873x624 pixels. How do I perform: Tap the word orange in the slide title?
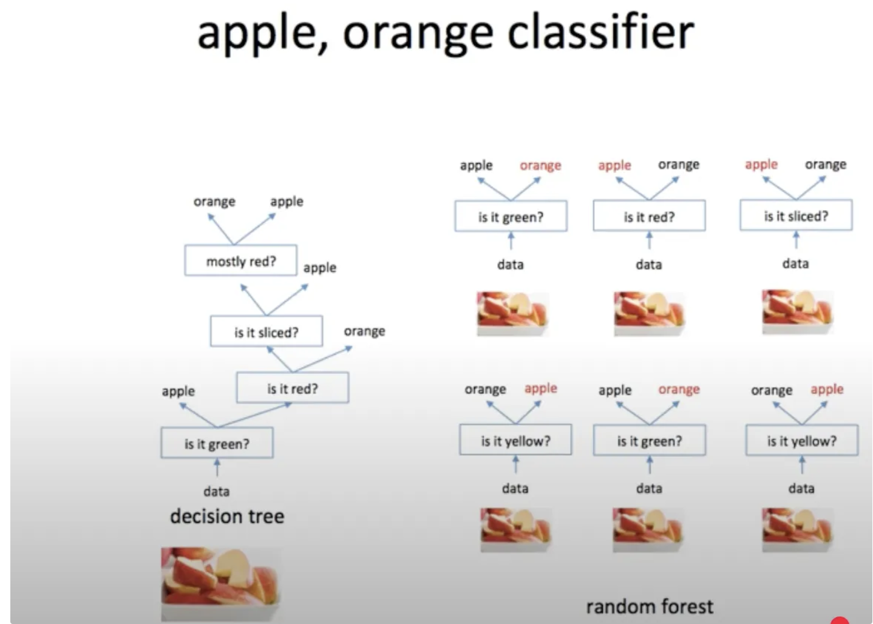tap(418, 34)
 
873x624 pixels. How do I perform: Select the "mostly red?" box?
tap(240, 261)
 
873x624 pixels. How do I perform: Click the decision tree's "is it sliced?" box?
tap(267, 332)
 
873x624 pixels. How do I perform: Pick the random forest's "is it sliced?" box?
tap(795, 216)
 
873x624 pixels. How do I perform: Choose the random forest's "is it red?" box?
tap(649, 217)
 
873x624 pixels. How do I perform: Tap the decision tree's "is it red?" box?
tap(292, 388)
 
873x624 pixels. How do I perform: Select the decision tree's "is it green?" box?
tap(217, 444)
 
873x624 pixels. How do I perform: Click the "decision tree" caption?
tap(227, 516)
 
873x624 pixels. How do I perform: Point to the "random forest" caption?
tap(649, 606)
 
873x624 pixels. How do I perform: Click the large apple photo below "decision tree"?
tap(220, 583)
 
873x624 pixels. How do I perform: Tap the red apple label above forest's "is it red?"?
tap(614, 165)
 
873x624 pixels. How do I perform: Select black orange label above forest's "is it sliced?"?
tap(825, 164)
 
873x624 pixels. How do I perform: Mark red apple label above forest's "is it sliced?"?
tap(761, 164)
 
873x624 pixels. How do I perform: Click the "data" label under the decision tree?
tap(216, 491)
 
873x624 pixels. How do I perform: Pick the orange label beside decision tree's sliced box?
tap(364, 331)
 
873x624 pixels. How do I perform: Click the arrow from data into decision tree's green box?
tap(217, 467)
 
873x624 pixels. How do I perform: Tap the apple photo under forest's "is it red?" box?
tap(648, 313)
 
